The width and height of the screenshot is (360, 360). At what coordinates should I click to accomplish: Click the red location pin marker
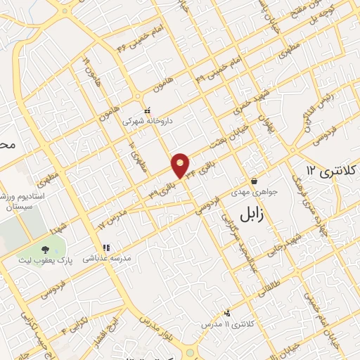coord(181,165)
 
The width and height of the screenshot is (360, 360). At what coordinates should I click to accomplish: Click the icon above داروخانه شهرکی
coord(147,110)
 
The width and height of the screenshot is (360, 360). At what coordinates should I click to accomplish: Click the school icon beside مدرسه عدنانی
coord(106,248)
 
